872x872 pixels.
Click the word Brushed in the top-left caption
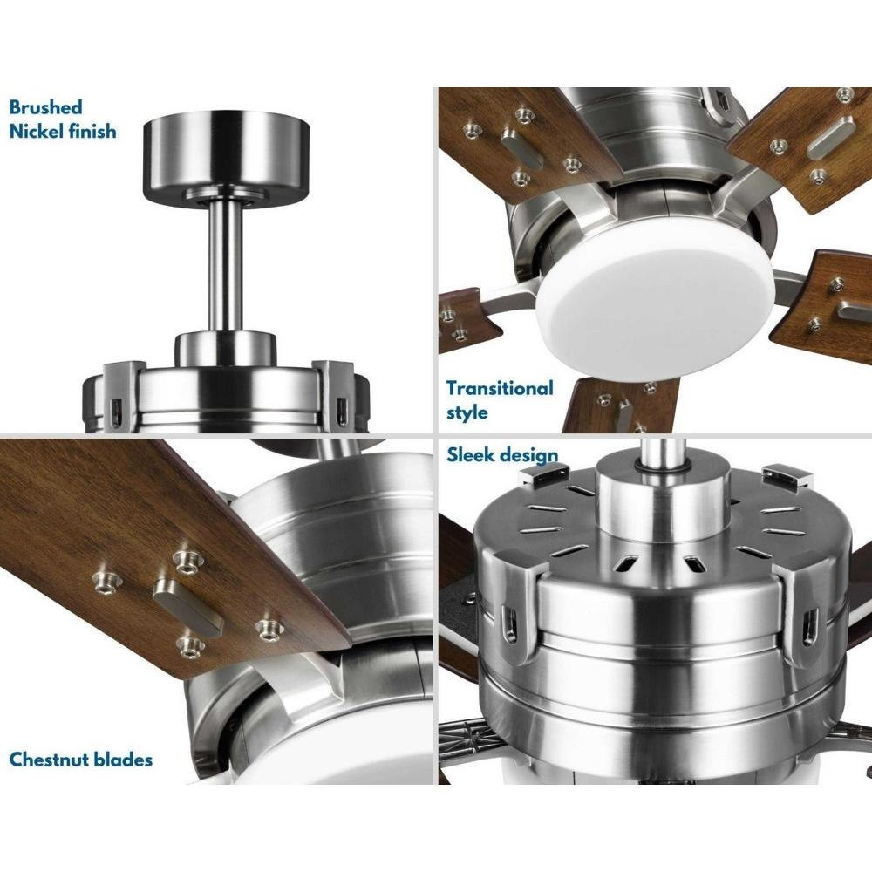coord(45,106)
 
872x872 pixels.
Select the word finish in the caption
coord(92,132)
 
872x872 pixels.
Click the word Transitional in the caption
coord(500,388)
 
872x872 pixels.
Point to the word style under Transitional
coord(467,412)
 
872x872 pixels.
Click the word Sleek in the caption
coord(471,454)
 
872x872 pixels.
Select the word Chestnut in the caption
coord(46,760)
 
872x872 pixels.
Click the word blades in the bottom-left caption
coord(120,760)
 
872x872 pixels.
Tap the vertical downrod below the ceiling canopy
coord(225,265)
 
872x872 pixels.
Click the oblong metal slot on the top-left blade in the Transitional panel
coord(521,148)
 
